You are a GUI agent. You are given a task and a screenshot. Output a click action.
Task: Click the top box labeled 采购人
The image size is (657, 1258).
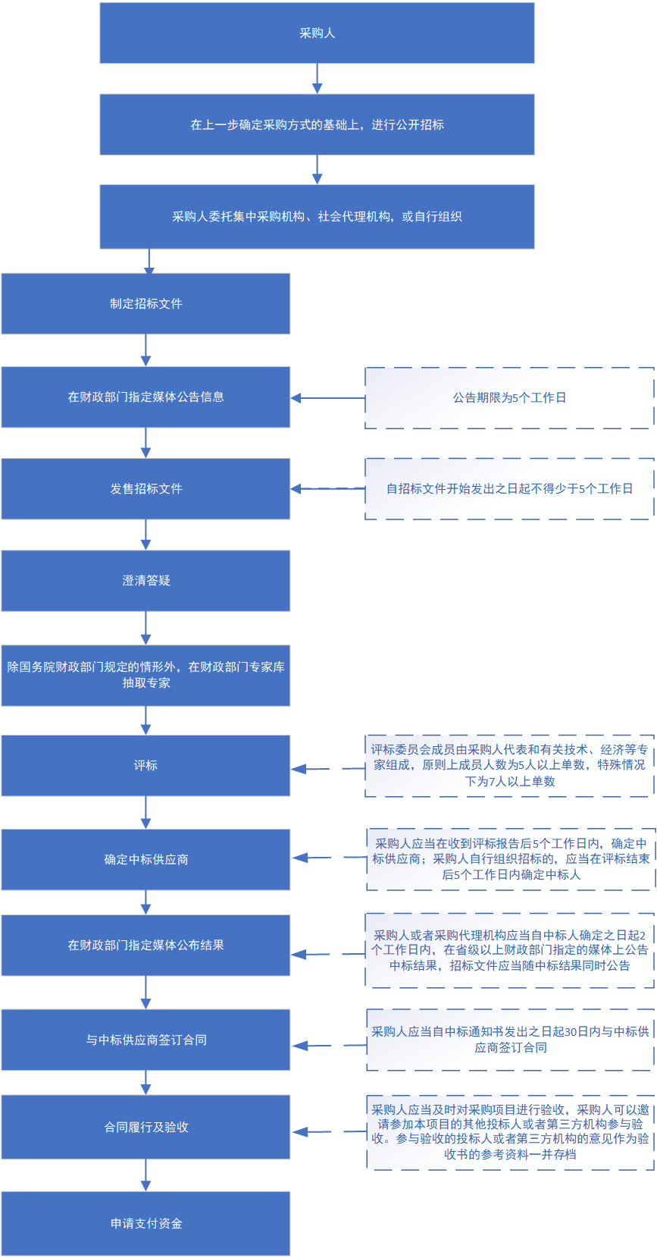click(317, 33)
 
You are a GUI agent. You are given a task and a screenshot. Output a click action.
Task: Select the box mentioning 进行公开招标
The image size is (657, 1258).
click(317, 124)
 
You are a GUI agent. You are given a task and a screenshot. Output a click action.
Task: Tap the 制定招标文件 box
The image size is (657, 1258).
click(145, 303)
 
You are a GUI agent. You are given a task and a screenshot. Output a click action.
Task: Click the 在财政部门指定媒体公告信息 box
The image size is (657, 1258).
click(145, 397)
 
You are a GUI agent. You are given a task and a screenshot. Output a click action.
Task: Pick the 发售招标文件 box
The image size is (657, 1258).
click(145, 488)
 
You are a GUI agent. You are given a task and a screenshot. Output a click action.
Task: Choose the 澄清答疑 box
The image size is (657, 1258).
click(145, 580)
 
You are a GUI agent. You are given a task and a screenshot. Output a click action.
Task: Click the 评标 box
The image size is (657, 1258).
click(145, 765)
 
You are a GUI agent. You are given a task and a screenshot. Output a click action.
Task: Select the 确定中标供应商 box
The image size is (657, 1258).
click(145, 859)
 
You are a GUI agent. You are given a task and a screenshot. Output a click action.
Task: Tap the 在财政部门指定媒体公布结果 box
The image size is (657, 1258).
click(145, 945)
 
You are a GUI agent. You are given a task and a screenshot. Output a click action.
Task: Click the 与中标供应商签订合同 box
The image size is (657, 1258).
click(145, 1040)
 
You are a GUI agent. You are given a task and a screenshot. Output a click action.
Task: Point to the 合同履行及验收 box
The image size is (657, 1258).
click(145, 1127)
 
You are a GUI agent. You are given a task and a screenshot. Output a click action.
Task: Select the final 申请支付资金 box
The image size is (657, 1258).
click(145, 1223)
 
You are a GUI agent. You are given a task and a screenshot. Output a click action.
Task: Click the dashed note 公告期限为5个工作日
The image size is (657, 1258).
click(509, 397)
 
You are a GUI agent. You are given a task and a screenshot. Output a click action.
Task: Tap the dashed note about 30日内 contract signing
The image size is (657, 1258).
click(510, 1040)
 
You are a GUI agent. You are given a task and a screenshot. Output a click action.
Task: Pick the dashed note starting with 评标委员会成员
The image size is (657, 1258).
click(509, 765)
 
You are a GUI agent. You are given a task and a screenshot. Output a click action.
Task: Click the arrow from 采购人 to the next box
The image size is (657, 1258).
click(317, 78)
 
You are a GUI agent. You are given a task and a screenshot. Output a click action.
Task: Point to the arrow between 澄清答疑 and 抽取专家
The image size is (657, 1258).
click(145, 627)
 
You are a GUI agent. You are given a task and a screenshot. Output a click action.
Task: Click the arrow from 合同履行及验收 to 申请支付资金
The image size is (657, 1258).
click(145, 1175)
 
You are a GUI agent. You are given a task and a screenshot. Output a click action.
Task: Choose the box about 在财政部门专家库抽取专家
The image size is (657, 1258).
click(145, 675)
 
